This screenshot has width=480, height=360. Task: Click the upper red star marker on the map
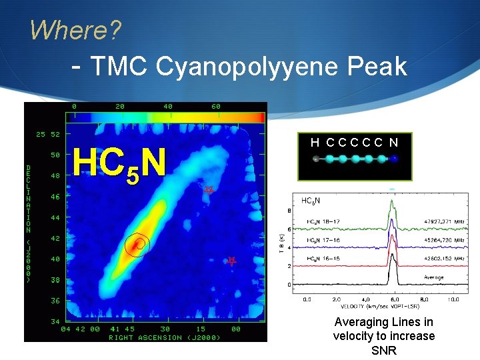(209, 190)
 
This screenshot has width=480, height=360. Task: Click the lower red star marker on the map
(231, 261)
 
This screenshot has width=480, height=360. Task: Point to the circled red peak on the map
(139, 245)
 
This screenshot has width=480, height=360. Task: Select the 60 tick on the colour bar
(215, 106)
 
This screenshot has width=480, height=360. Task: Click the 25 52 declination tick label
(47, 134)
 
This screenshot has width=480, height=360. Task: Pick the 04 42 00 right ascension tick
(80, 329)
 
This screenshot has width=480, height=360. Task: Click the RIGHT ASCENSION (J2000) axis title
(165, 337)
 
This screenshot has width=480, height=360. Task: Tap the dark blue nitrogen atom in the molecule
(395, 159)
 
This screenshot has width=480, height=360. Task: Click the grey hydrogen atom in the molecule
(316, 159)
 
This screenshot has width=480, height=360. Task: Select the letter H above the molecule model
(315, 142)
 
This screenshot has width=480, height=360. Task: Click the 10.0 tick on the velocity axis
(454, 299)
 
